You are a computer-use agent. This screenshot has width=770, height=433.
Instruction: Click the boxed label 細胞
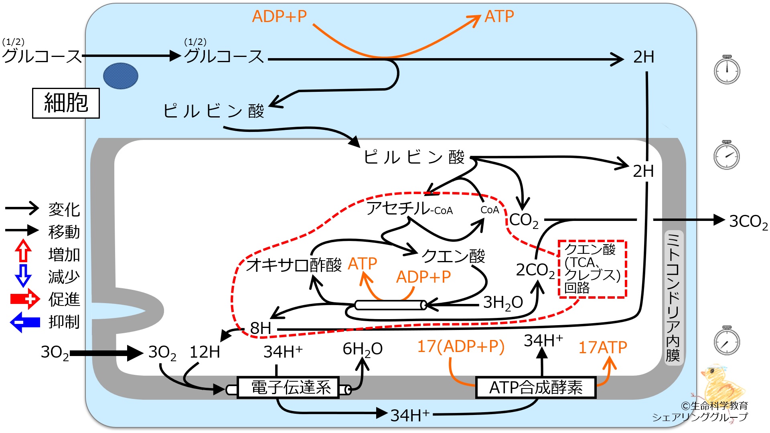coord(66,103)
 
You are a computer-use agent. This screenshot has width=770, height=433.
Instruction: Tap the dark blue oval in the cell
coord(121,76)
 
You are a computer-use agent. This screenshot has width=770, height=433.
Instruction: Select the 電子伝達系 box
coord(288,387)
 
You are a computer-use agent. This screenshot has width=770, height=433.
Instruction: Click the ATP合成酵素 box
coord(535,387)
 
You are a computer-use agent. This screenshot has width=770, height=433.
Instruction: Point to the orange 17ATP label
coord(602,348)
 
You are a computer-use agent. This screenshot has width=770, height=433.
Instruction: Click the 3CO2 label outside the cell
coord(748,221)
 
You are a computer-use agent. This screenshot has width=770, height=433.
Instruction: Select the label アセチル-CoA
coord(409,208)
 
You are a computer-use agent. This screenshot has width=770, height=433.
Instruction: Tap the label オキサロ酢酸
coord(294,265)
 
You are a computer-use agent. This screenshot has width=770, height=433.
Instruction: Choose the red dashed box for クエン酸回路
coord(592,269)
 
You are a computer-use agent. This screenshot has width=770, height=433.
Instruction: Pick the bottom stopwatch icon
coord(727,341)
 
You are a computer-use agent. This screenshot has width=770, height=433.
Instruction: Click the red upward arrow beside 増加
coord(23,251)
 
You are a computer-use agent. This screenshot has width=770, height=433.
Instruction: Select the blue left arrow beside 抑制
coord(25,322)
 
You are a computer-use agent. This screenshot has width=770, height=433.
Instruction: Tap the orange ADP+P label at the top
coord(279,17)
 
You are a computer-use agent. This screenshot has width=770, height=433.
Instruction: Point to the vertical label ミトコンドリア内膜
coord(673,297)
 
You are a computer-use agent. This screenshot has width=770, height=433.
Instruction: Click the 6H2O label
coord(362,349)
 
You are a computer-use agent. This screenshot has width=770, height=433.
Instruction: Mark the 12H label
coord(205,352)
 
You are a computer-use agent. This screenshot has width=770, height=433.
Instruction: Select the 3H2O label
coord(503,303)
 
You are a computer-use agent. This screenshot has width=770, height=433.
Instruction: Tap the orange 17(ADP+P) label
coord(460,346)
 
